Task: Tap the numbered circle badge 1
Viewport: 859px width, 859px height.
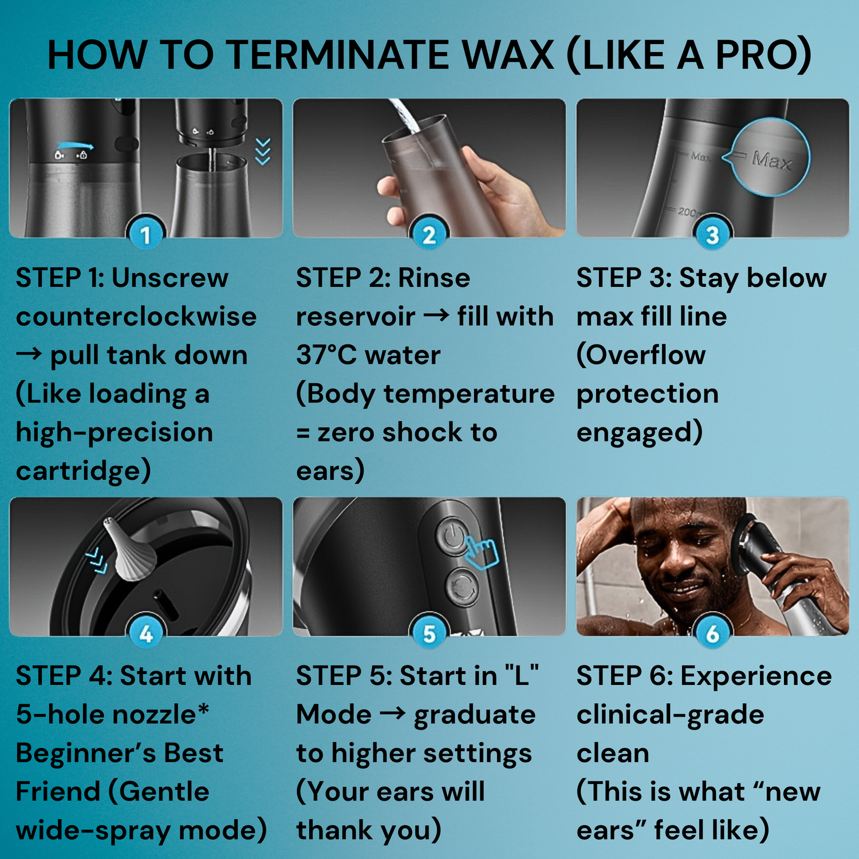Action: point(145,235)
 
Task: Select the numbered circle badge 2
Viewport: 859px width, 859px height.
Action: point(429,235)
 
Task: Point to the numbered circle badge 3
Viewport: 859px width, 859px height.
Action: point(712,235)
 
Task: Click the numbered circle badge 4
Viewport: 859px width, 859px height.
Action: point(145,633)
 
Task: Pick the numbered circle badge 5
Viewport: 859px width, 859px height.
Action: point(429,633)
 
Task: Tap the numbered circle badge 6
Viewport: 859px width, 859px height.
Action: point(712,633)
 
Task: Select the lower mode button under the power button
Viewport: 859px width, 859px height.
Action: point(462,586)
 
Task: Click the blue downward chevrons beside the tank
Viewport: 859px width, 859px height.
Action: point(263,152)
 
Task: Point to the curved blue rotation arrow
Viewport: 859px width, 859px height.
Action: point(74,146)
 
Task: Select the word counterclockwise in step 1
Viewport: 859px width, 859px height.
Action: point(136,317)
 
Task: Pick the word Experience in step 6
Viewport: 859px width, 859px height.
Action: point(756,677)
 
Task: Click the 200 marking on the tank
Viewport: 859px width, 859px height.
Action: point(687,212)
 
